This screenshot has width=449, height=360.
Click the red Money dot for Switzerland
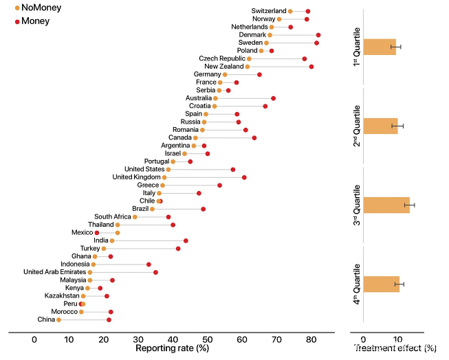(307, 11)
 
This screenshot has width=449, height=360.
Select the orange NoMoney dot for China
(58, 319)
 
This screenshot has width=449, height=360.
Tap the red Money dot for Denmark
(318, 35)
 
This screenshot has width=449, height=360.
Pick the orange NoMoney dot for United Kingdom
(164, 177)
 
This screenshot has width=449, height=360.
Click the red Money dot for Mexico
(97, 233)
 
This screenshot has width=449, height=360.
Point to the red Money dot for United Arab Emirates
(155, 272)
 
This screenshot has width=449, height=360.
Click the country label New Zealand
(223, 66)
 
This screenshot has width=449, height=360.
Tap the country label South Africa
(110, 217)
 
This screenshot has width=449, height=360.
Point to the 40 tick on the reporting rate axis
(173, 339)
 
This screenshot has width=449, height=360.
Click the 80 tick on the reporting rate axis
(310, 339)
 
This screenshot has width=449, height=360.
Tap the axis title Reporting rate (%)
(172, 348)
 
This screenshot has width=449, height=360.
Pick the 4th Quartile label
(357, 284)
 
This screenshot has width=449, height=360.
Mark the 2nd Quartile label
(357, 125)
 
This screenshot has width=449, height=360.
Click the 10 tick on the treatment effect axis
(397, 339)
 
